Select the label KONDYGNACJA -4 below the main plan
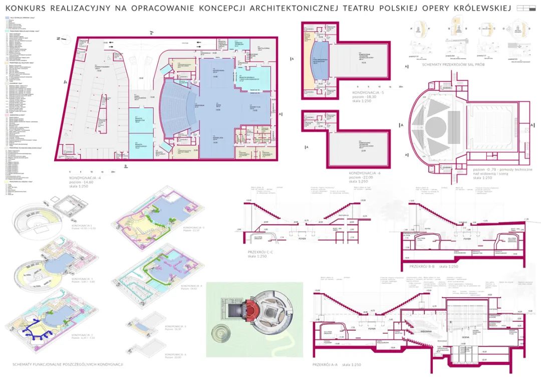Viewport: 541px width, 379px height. pos(86,177)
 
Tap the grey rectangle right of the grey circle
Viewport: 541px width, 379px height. pos(454,122)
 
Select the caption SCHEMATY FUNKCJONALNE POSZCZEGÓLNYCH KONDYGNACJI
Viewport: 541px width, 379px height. pos(67,364)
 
